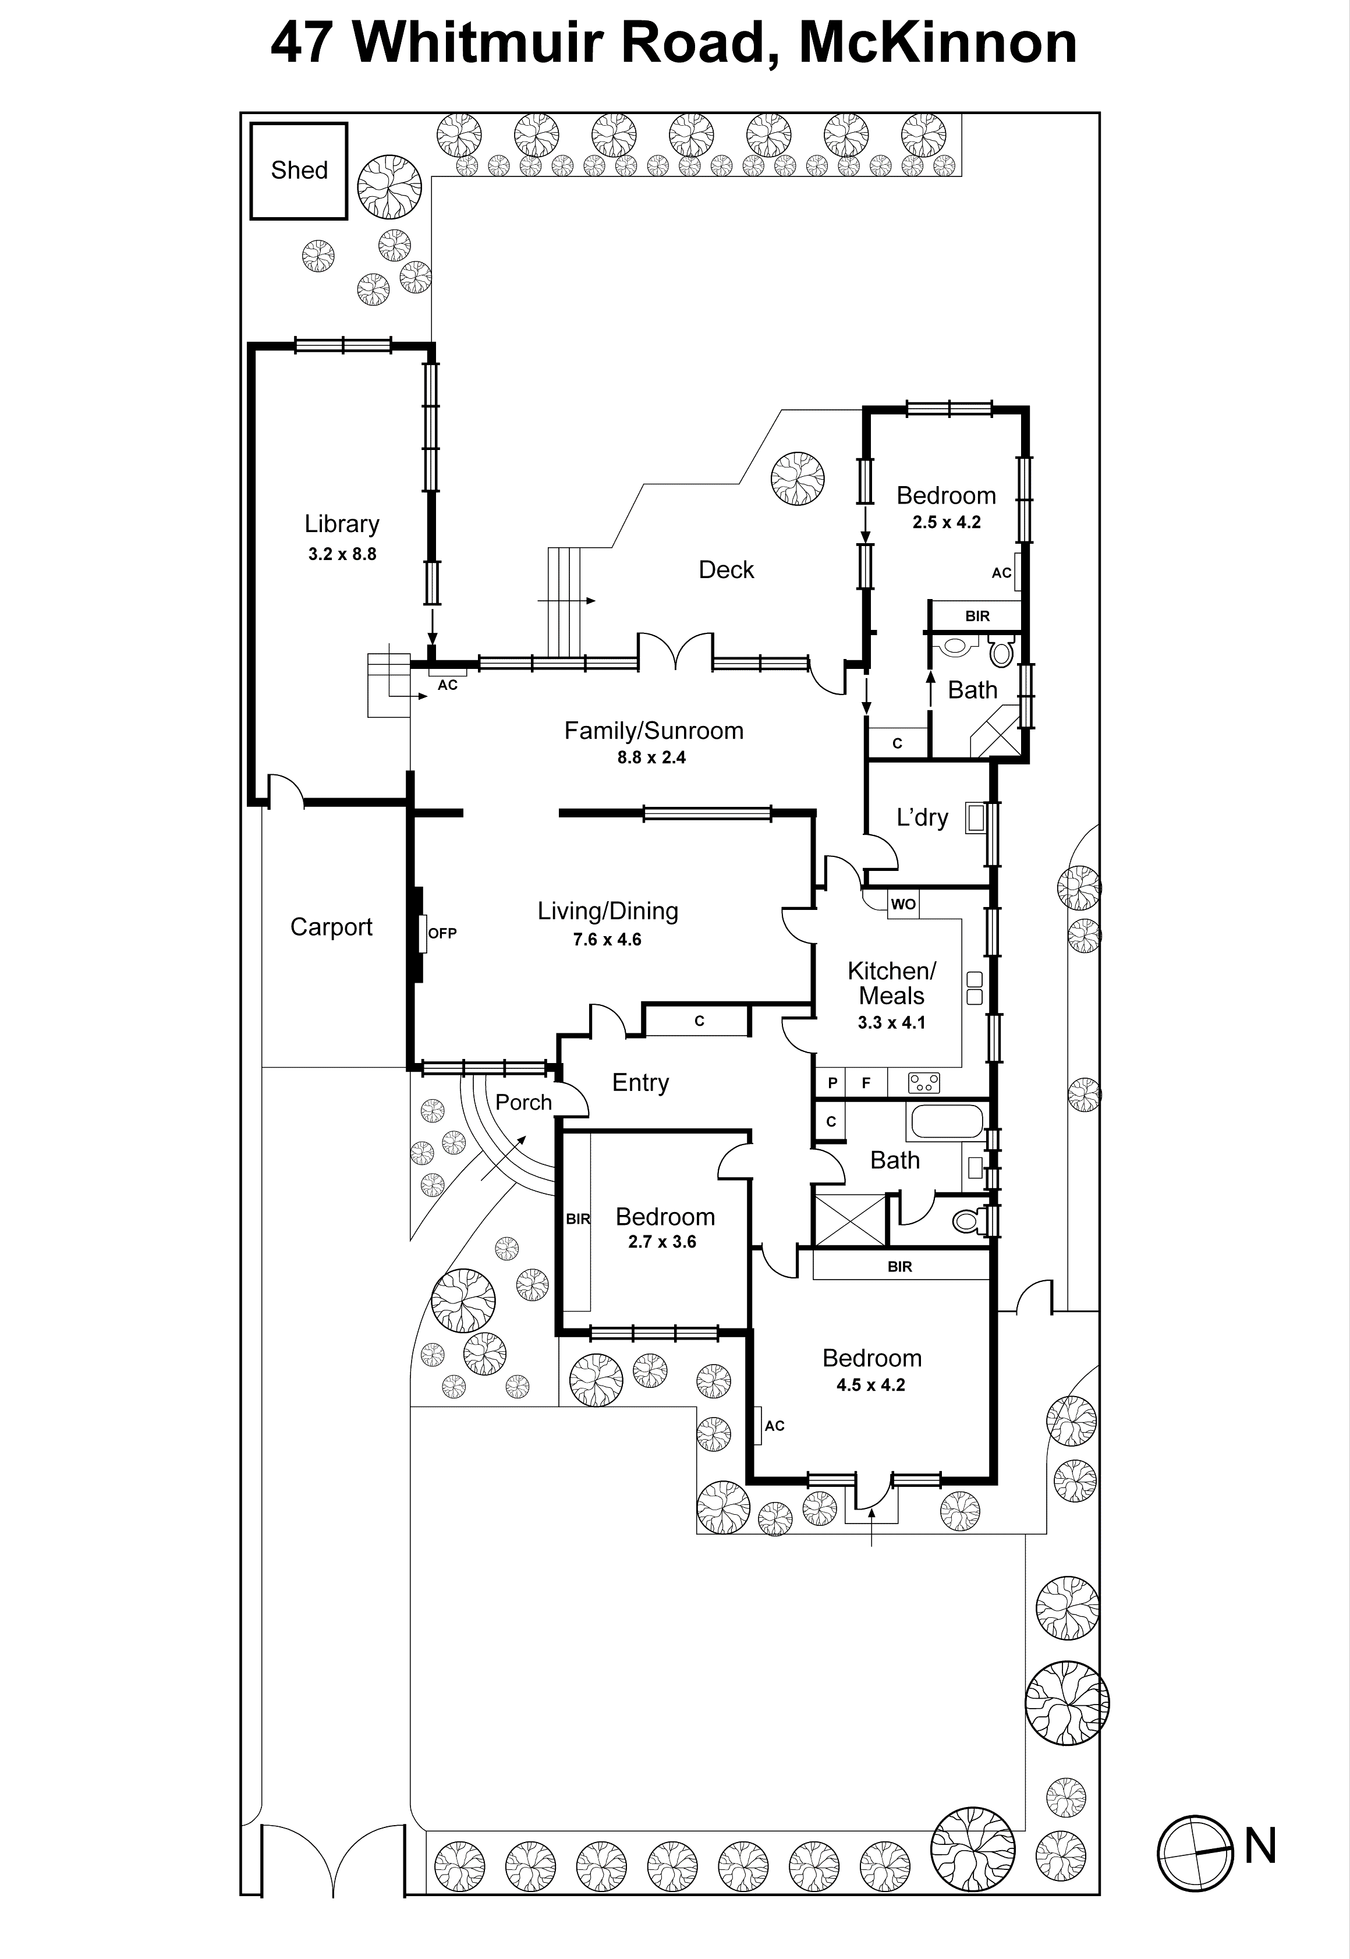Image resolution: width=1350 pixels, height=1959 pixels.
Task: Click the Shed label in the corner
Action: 299,170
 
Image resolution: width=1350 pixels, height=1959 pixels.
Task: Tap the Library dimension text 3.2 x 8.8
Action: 342,555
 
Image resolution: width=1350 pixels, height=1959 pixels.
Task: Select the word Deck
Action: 726,570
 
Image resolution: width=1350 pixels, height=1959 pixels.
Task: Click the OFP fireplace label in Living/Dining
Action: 441,933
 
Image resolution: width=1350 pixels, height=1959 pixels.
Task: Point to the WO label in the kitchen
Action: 902,904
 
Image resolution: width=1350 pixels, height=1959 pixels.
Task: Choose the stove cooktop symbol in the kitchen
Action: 924,1082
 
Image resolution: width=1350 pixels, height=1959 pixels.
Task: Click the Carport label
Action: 331,927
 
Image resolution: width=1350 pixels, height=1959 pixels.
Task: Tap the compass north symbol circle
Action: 1195,1852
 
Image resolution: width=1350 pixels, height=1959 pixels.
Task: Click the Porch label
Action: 523,1102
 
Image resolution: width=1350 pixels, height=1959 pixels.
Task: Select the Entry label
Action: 640,1083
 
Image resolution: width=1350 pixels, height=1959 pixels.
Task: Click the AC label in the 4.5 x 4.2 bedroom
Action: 774,1426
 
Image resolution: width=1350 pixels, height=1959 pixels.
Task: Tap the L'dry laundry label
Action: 922,817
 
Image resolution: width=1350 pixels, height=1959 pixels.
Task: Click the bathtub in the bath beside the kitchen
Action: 945,1122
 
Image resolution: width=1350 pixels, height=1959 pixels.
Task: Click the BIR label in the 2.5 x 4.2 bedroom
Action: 977,617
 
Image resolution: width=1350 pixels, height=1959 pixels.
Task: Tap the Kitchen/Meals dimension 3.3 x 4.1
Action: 891,1023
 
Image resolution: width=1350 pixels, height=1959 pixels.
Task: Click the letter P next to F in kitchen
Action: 832,1083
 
